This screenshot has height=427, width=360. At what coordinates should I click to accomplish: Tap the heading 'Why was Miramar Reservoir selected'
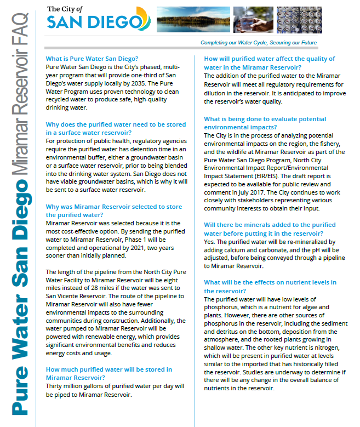pos(113,207)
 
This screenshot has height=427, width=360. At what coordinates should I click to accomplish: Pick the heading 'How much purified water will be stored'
pos(108,369)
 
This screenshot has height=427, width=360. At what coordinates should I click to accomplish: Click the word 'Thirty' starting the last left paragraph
pos(54,386)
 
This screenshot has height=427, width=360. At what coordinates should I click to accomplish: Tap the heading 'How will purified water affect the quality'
pos(269,59)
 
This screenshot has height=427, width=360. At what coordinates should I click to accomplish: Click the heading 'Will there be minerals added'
pos(270,225)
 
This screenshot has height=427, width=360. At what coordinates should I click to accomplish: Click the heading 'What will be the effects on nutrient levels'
pos(270,282)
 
